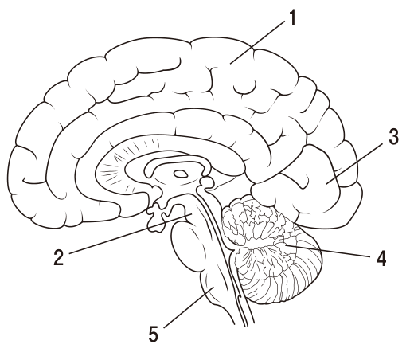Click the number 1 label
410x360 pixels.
[x=292, y=18]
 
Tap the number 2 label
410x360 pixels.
[x=59, y=257]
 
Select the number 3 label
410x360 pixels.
[x=393, y=137]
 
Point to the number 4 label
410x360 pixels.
[x=381, y=258]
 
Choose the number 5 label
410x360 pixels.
[x=154, y=334]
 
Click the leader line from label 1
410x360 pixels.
[x=257, y=42]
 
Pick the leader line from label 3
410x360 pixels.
[x=354, y=163]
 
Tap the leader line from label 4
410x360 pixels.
[x=327, y=251]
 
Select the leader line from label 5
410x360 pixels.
[x=189, y=307]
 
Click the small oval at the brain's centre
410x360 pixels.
[x=181, y=174]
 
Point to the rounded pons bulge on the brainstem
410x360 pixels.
[x=185, y=248]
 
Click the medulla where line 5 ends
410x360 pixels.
[x=213, y=288]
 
